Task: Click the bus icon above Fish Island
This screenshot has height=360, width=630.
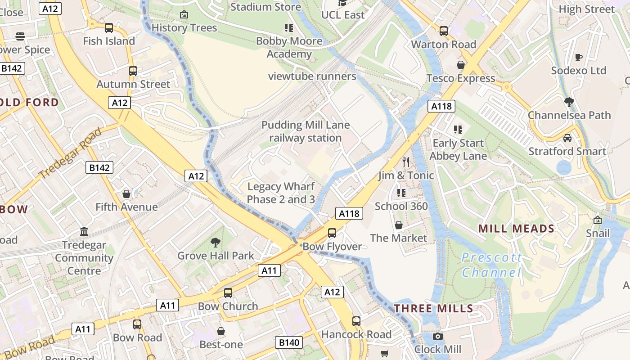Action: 109,28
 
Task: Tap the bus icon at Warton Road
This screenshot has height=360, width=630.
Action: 444,31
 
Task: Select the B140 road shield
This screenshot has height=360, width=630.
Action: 289,342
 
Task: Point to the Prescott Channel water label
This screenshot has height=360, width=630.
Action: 491,265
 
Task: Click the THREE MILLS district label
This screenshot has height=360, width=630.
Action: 434,309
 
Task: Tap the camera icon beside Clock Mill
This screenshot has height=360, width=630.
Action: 437,336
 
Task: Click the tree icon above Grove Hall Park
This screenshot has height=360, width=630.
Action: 216,243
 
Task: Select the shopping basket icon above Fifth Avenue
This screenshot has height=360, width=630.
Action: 126,194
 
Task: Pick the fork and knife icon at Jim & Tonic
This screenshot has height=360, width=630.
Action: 406,162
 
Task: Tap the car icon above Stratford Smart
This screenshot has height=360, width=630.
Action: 567,138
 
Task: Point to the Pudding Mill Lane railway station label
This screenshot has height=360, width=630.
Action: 306,131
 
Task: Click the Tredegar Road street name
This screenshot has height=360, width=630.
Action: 70,153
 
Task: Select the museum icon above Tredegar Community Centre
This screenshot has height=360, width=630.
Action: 84,232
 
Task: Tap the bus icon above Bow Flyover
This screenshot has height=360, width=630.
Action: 332,233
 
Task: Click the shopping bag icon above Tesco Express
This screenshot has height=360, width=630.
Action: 461,65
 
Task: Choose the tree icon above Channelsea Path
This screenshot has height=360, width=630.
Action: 569,102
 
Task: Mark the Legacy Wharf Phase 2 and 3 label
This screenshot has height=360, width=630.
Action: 281,193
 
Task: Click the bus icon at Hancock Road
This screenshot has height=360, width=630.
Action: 356,321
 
